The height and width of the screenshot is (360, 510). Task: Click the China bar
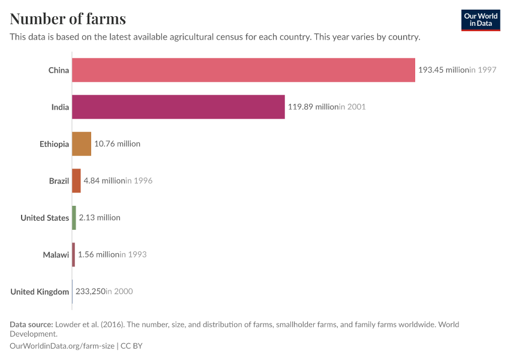pos(243,70)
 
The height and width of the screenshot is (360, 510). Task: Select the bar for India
pos(178,107)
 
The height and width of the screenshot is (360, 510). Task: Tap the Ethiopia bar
pos(82,144)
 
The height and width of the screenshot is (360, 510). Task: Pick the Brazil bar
pos(76,181)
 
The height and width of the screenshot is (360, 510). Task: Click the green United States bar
pos(74,218)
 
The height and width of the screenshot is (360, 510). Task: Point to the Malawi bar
pos(73,254)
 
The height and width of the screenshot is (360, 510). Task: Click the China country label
pos(59,70)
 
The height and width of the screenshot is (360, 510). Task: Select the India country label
pos(60,107)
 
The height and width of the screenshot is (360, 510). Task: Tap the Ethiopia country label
pos(54,144)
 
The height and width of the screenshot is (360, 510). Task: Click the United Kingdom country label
pos(40,292)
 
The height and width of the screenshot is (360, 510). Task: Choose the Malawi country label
pos(56,255)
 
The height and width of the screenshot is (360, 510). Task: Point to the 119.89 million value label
pos(313,107)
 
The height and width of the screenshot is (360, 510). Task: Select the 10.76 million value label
pos(117,144)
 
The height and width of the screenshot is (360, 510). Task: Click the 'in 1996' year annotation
pos(139,181)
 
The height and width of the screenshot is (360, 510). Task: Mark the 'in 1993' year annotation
pos(133,254)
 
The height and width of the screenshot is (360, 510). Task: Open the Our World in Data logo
pos(480,20)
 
